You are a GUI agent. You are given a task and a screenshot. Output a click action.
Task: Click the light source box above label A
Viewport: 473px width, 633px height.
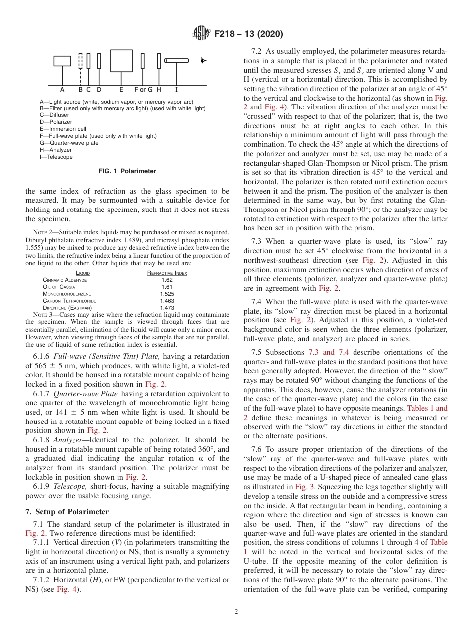click(62, 61)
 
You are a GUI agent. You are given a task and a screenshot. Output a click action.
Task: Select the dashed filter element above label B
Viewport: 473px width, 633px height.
click(81, 61)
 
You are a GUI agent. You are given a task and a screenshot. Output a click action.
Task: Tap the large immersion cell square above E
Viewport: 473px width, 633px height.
click(121, 61)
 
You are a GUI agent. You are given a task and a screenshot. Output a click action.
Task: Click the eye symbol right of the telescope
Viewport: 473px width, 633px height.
click(203, 61)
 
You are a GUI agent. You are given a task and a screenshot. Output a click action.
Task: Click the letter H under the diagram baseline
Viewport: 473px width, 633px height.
click(159, 90)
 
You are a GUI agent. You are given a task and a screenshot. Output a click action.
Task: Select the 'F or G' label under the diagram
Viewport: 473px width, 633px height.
click(143, 90)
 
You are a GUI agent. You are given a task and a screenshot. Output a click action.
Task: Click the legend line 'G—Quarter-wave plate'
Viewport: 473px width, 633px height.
click(69, 143)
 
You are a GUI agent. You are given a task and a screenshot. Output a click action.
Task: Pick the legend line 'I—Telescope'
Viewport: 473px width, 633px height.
click(56, 157)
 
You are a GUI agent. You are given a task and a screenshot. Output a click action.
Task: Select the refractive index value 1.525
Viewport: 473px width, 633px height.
click(167, 294)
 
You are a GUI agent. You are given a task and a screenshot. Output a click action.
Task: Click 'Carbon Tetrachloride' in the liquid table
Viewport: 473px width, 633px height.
click(70, 301)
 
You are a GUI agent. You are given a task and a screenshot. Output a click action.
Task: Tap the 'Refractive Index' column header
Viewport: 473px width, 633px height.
click(167, 273)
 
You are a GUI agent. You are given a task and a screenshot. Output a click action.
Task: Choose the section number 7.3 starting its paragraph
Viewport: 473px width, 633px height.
click(258, 241)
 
